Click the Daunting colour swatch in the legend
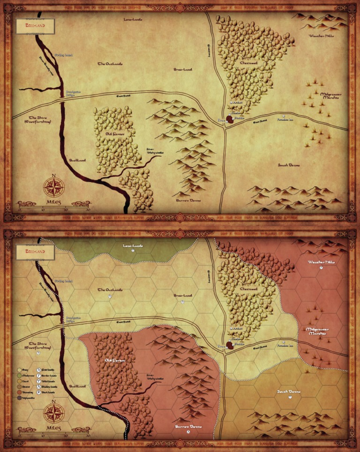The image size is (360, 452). click(x=19, y=392)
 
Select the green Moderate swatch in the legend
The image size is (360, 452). click(x=19, y=375)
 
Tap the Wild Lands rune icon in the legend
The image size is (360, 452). click(x=38, y=381)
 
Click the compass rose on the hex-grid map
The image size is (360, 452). click(x=54, y=414)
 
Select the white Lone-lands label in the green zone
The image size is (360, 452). click(x=133, y=245)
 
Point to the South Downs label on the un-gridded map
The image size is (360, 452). click(x=288, y=165)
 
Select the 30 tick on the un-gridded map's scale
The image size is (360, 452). click(x=88, y=210)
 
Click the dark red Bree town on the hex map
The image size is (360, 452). click(x=230, y=346)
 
